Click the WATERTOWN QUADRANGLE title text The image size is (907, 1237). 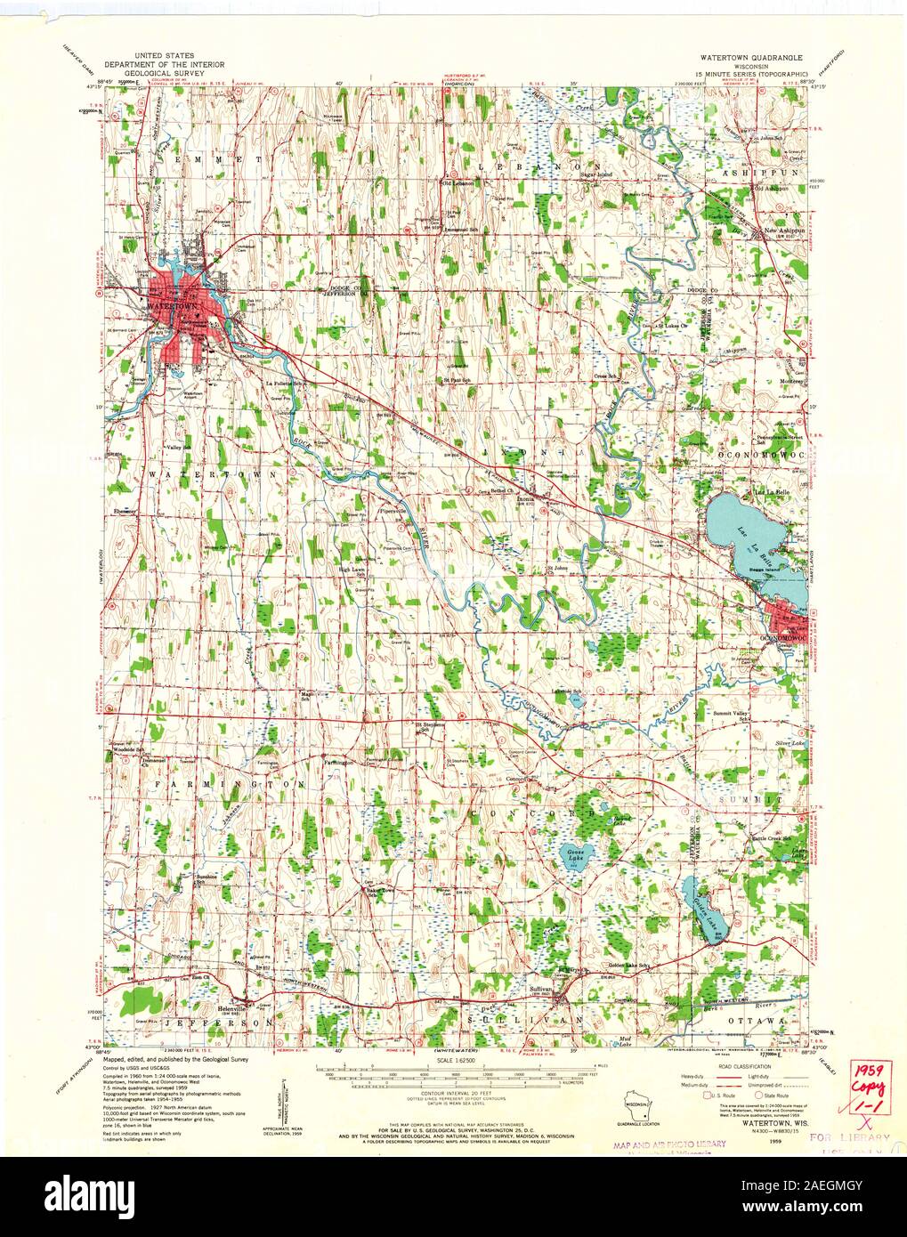click(x=749, y=55)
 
